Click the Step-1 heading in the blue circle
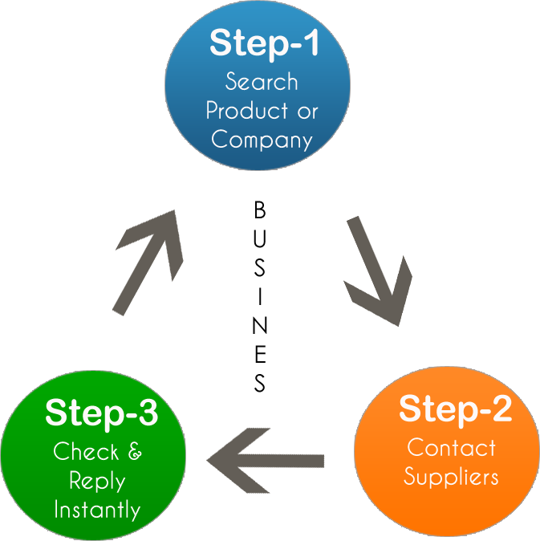point(264,43)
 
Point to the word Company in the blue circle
point(262,140)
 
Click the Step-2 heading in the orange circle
point(455,409)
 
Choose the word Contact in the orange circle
point(451,447)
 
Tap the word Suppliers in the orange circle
point(451,476)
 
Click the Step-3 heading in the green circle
point(101,413)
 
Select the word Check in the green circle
point(85,452)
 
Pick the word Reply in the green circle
point(97,481)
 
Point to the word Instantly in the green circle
point(97,510)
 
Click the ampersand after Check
point(134,452)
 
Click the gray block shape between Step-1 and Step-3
point(148,262)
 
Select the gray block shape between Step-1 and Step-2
point(378,271)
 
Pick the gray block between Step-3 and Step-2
point(246,460)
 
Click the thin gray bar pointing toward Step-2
point(305,461)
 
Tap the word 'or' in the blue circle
point(307,111)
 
